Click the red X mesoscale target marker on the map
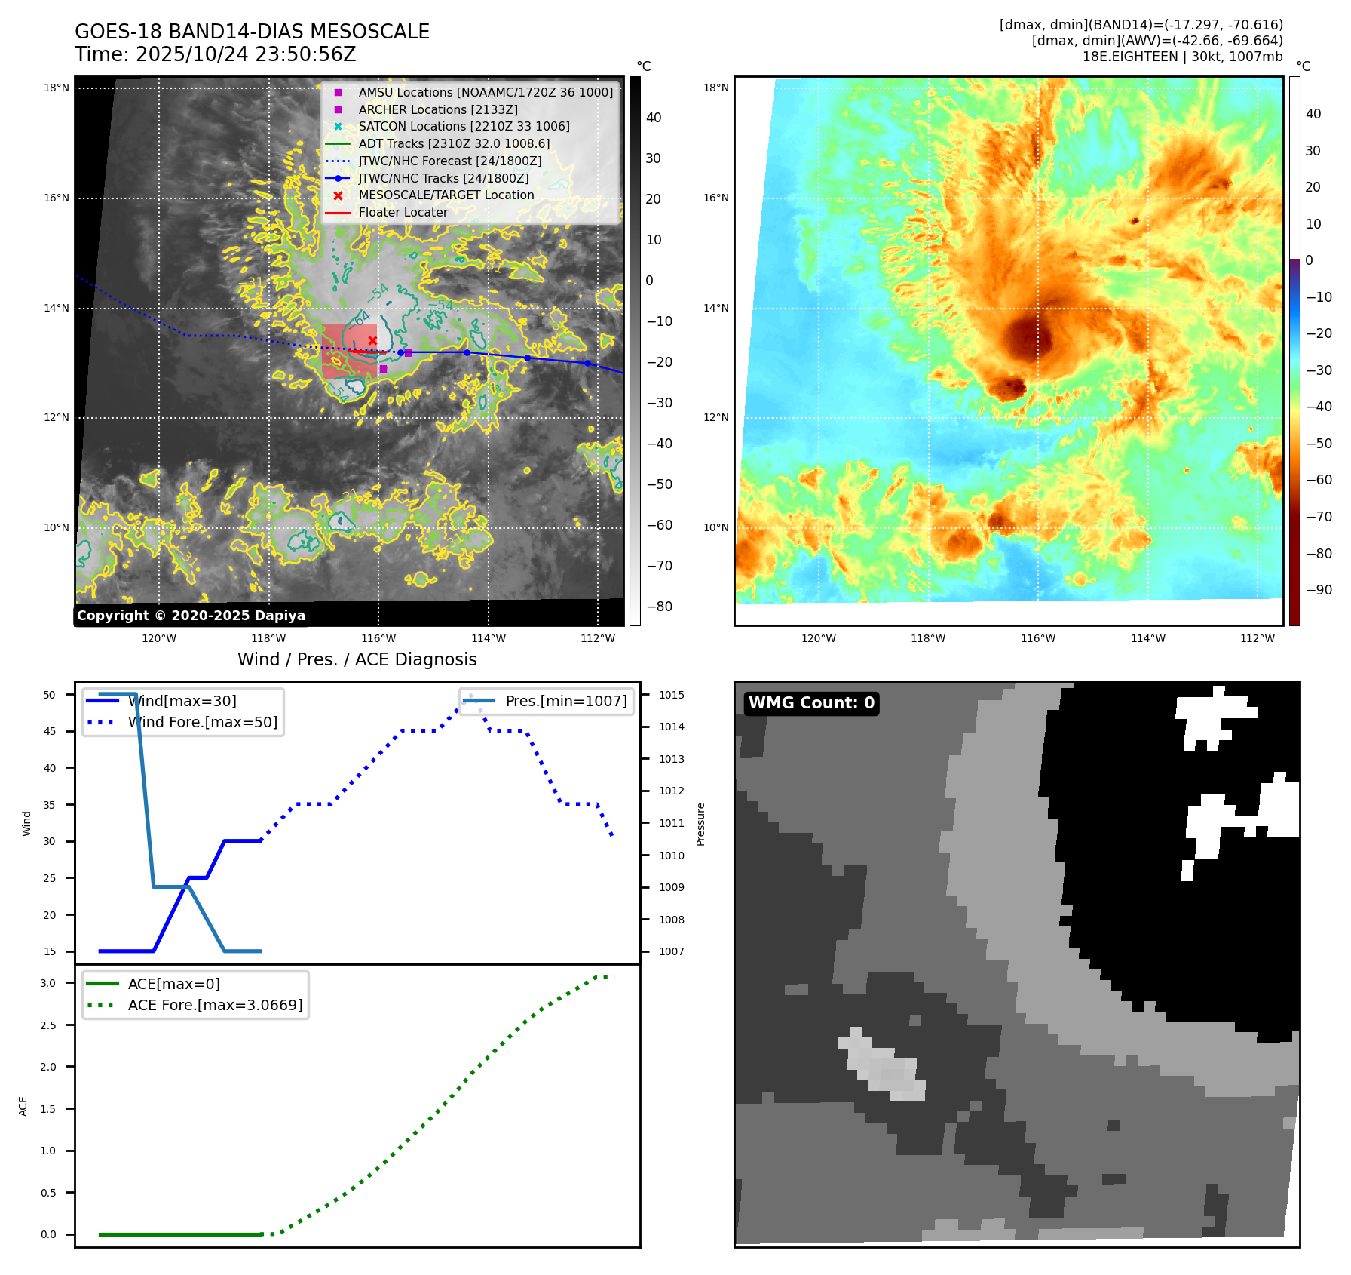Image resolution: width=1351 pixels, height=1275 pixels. pyautogui.click(x=372, y=341)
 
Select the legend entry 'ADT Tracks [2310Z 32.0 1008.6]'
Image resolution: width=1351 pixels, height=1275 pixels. pyautogui.click(x=454, y=143)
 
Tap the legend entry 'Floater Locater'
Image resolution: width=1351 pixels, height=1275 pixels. pyautogui.click(x=403, y=213)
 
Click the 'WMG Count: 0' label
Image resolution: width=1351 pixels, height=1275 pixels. pyautogui.click(x=811, y=703)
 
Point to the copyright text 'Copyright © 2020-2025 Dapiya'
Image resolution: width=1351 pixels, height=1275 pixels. pyautogui.click(x=191, y=616)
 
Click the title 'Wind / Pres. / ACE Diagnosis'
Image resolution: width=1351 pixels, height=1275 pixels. pyautogui.click(x=357, y=659)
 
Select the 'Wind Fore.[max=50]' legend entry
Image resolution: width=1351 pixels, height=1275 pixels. pyautogui.click(x=202, y=722)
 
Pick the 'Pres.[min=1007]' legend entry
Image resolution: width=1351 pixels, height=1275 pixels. pyautogui.click(x=565, y=701)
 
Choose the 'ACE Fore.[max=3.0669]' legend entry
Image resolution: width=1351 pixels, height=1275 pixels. pyautogui.click(x=215, y=1005)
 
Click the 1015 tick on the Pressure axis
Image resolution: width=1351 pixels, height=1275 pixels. pyautogui.click(x=672, y=695)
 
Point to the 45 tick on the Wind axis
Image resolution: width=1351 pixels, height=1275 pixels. pyautogui.click(x=49, y=731)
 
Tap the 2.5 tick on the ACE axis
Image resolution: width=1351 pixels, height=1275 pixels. pyautogui.click(x=48, y=1025)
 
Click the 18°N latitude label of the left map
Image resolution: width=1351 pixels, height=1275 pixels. pyautogui.click(x=57, y=88)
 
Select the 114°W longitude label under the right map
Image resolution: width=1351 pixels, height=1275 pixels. pyautogui.click(x=1147, y=638)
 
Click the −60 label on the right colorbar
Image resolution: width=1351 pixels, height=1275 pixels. pyautogui.click(x=1319, y=480)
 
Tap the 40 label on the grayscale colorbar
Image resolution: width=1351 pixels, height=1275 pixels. pyautogui.click(x=654, y=118)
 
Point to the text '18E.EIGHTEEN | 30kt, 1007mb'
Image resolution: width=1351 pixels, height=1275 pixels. pyautogui.click(x=1182, y=57)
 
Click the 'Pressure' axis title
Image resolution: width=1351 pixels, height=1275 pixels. pyautogui.click(x=700, y=824)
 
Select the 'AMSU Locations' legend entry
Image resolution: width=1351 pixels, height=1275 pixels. pyautogui.click(x=486, y=92)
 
